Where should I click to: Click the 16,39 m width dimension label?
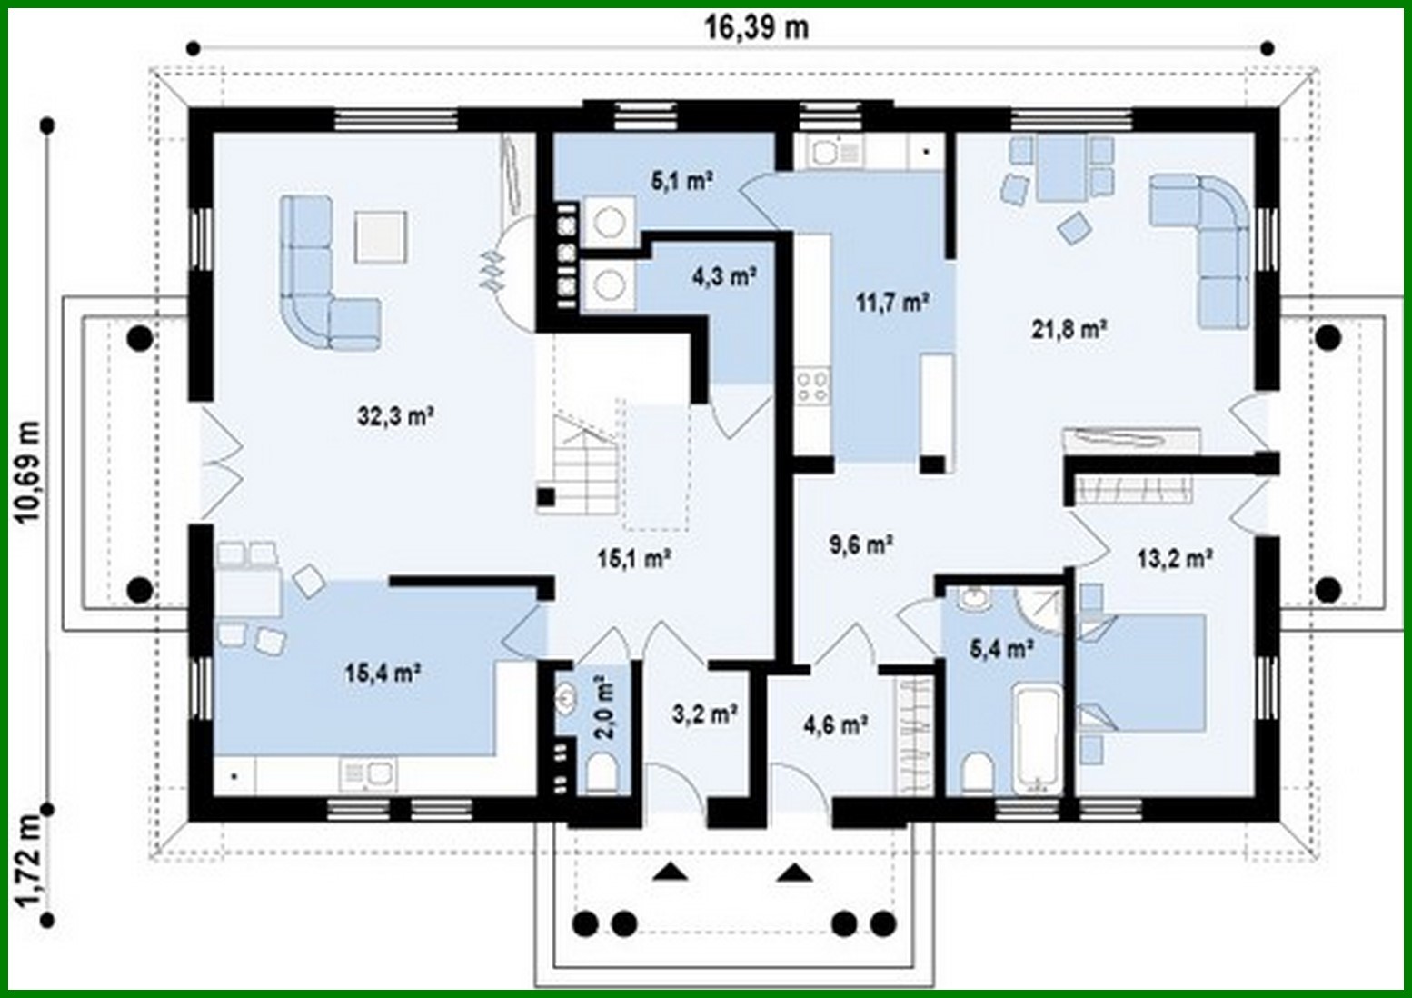point(756,28)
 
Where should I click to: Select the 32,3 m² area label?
point(395,417)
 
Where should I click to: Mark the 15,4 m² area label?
point(382,674)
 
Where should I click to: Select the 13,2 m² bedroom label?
point(1175,558)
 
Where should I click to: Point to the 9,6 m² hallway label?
point(859,545)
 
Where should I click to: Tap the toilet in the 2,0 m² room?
point(602,775)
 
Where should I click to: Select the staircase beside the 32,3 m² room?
point(582,464)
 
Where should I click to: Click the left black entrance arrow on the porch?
point(671,873)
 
